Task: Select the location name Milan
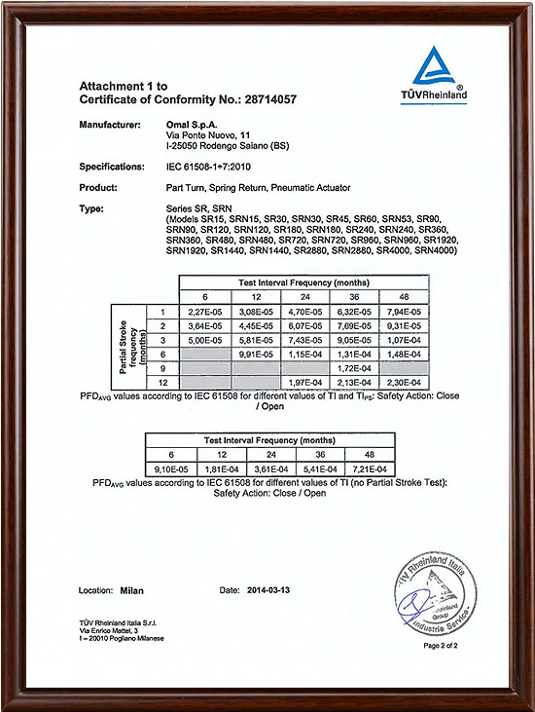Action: click(x=133, y=590)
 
